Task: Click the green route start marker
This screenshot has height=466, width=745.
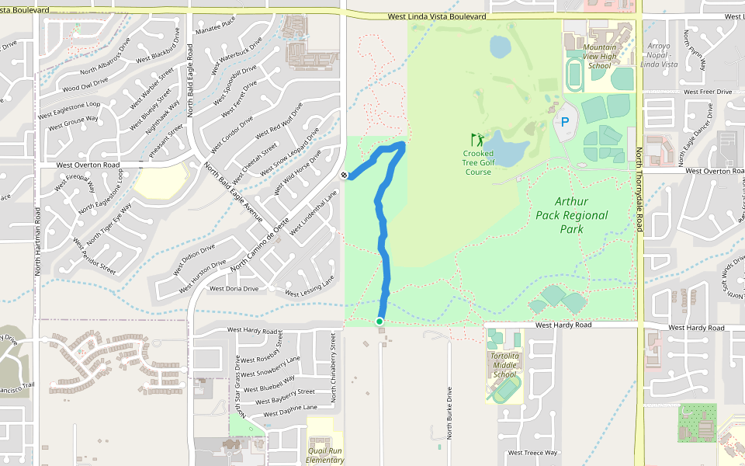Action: coord(379,322)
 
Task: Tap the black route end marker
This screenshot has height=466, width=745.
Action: coord(344,176)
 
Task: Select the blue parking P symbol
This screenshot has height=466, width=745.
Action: coord(565,121)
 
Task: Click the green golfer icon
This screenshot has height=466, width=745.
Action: coord(477,140)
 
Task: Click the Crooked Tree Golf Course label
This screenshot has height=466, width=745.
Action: coord(478,162)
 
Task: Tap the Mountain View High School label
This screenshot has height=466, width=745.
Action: coord(600,56)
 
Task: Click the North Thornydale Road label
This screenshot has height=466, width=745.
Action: coord(639,190)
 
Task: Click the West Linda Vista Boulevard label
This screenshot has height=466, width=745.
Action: coord(437,16)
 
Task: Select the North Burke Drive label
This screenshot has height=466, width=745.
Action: coord(449,412)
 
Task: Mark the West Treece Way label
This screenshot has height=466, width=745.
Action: coord(532,453)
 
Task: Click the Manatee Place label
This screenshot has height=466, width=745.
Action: coord(217,29)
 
